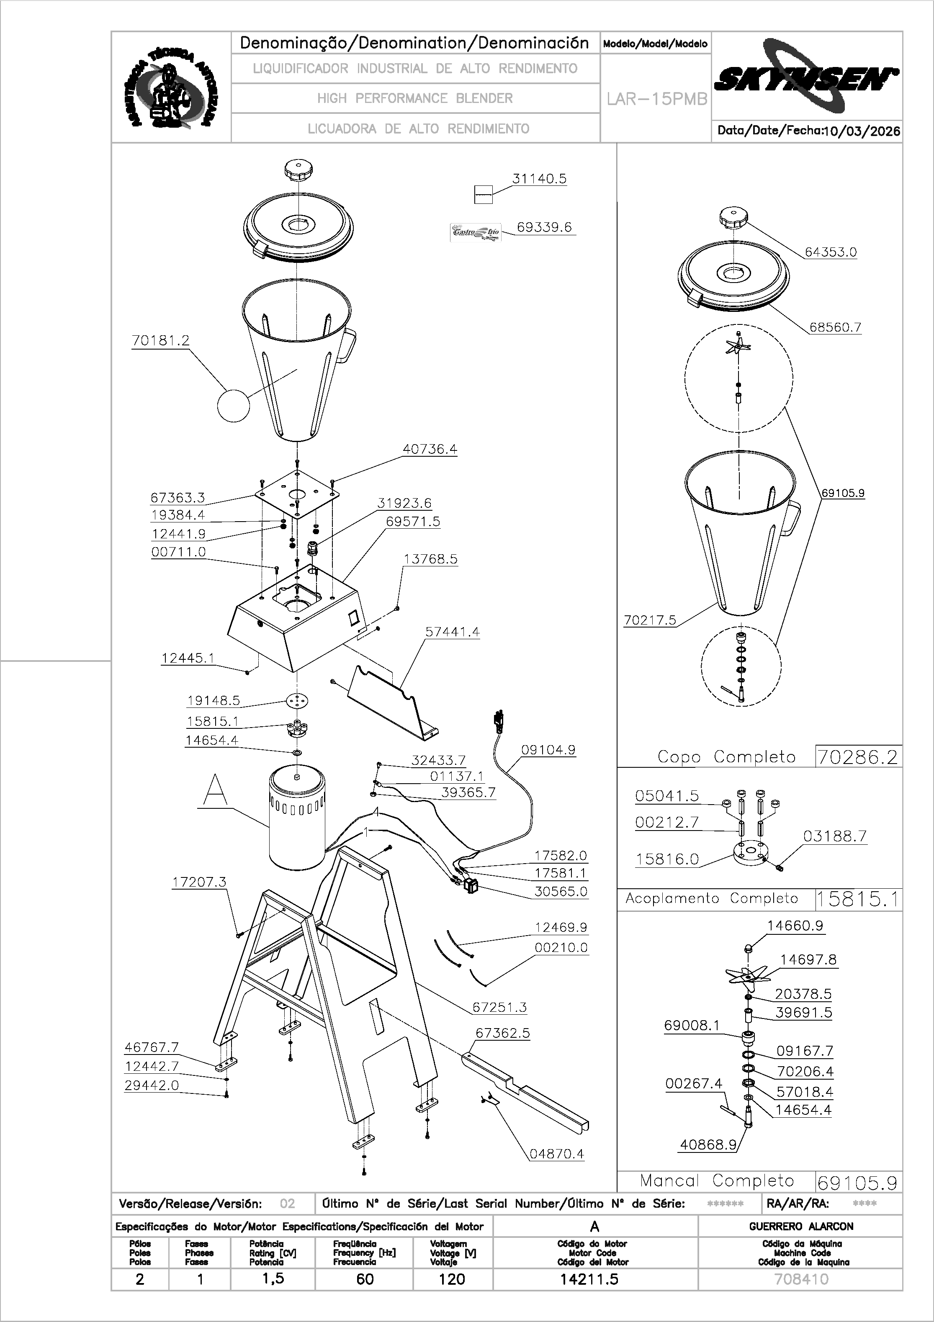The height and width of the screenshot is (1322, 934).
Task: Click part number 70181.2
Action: [x=161, y=341]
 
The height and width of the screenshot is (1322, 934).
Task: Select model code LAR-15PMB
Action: [x=656, y=100]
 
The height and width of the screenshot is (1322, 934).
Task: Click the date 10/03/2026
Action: [x=862, y=131]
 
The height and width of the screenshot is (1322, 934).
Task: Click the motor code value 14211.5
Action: [x=589, y=1279]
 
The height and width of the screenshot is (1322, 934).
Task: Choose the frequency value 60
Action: [x=365, y=1279]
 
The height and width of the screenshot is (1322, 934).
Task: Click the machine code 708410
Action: [x=801, y=1279]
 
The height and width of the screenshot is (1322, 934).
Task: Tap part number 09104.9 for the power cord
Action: [x=548, y=750]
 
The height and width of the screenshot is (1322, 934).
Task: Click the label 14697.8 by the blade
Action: [x=808, y=960]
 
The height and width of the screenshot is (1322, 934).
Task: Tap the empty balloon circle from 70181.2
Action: [x=233, y=405]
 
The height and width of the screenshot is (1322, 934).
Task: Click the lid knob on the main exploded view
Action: [x=298, y=170]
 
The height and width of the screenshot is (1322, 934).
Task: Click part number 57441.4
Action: [x=452, y=632]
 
